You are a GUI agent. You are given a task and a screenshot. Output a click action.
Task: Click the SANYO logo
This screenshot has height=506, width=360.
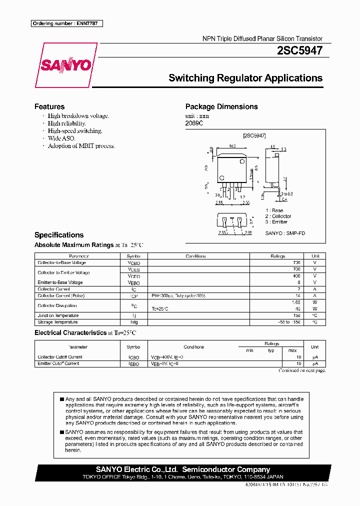[66, 65]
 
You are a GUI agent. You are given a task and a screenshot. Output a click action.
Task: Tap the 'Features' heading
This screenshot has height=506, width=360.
[49, 106]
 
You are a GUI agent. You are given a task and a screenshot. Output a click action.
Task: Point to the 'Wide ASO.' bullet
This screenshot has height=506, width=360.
[61, 138]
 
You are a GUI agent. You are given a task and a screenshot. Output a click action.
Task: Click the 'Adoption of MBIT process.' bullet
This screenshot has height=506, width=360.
[81, 146]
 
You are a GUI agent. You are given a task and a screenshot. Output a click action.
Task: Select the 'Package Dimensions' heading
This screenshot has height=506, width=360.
[221, 106]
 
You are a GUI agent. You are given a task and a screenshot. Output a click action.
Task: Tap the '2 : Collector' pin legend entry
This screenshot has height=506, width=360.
[278, 216]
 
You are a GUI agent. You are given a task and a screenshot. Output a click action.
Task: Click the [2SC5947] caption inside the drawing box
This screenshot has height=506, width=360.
[254, 135]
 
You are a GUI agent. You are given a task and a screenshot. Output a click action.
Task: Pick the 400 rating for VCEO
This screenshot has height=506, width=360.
[296, 275]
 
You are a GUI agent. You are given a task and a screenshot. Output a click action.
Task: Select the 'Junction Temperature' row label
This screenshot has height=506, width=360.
[58, 315]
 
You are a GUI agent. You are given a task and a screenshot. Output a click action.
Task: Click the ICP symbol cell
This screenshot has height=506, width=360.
[133, 296]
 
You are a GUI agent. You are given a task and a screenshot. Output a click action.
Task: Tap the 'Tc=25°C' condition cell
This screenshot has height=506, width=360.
[160, 309]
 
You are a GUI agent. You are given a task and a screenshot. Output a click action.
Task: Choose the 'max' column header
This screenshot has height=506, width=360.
[292, 350]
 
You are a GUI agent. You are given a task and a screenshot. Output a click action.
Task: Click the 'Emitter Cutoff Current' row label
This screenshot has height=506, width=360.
[58, 363]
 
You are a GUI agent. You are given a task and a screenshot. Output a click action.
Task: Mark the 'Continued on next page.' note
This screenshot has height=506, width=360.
[302, 370]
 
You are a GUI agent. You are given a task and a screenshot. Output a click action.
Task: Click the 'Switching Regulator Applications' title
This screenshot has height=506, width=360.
[245, 78]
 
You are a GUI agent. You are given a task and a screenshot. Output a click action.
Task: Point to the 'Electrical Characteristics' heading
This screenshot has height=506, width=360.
[69, 332]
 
